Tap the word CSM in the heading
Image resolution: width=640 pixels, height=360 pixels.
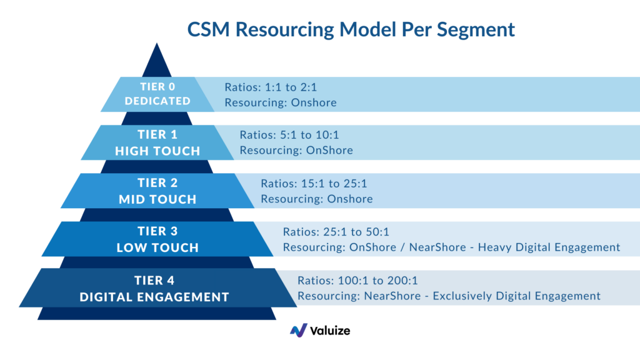[208, 29]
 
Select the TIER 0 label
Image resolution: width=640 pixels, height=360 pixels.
[157, 86]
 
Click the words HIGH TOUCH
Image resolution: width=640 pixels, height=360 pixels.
[157, 151]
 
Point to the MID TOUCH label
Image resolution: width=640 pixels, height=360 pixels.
[157, 199]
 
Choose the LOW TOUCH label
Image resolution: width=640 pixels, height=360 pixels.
[157, 247]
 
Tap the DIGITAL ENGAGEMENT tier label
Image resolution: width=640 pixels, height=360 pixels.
[154, 297]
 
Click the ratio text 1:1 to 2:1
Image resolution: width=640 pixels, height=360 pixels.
[291, 87]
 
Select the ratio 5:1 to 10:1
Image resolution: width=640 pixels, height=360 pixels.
[309, 135]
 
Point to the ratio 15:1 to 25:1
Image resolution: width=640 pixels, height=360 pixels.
[334, 183]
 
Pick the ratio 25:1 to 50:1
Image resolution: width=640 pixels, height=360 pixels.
[356, 232]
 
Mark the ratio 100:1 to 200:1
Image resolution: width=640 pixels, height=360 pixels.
[377, 281]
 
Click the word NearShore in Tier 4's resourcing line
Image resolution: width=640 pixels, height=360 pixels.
[392, 296]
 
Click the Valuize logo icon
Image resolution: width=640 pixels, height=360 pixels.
[299, 331]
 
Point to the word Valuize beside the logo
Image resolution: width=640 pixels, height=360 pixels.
[330, 331]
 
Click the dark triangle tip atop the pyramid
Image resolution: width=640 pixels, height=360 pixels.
[157, 43]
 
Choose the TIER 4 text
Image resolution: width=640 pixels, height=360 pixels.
[154, 281]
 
